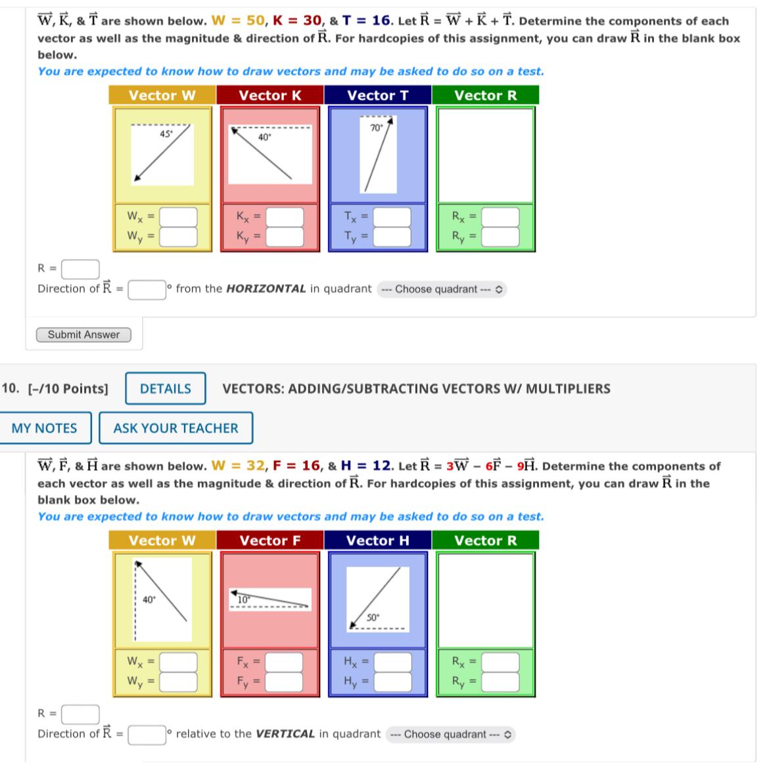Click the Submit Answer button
point(83,335)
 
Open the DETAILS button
point(165,388)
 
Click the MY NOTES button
point(44,428)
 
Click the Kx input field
point(285,216)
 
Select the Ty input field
point(392,236)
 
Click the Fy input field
point(285,681)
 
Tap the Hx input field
point(392,661)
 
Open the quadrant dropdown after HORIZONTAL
point(442,289)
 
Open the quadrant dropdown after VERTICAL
point(451,734)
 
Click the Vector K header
point(270,95)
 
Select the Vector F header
point(270,540)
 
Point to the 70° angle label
point(376,128)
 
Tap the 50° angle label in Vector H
point(373,617)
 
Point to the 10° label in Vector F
point(243,599)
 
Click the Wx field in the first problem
point(178,216)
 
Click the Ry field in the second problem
point(500,681)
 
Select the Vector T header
point(378,95)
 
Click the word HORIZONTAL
point(266,289)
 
